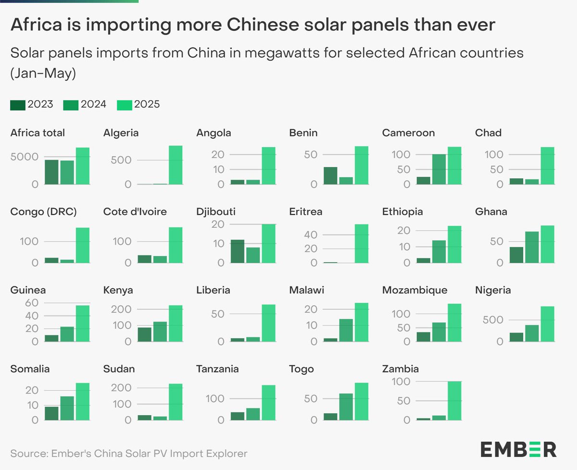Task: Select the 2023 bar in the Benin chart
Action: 330,176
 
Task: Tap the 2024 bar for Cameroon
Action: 439,169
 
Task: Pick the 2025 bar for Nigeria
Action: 547,324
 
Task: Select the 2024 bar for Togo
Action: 346,407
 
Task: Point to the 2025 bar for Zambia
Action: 454,401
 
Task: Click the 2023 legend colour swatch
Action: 17,104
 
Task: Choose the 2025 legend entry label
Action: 148,104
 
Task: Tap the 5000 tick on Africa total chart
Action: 24,157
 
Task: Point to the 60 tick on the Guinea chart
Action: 32,303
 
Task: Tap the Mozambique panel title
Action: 414,290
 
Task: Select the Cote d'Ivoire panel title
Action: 135,211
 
